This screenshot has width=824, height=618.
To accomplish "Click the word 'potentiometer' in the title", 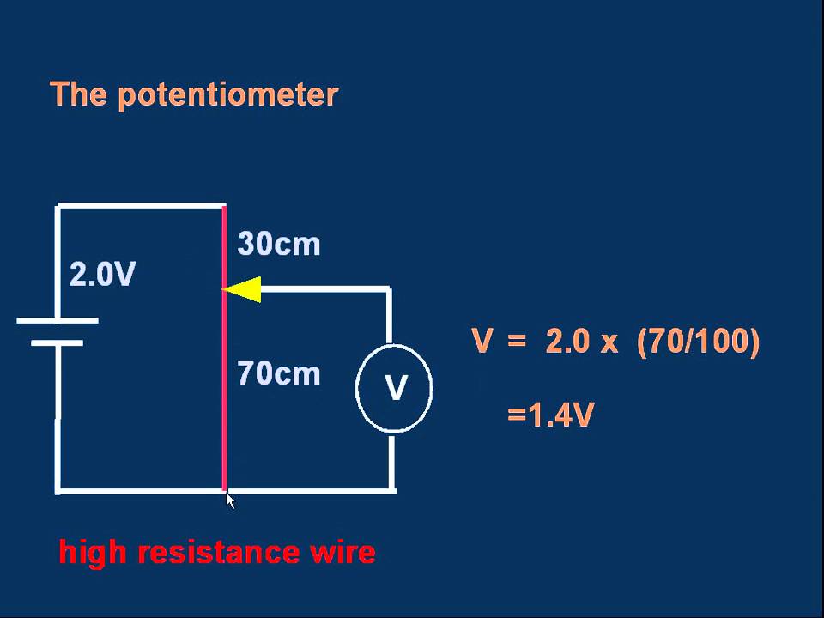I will coord(227,94).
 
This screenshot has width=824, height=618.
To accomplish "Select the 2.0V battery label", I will coord(102,275).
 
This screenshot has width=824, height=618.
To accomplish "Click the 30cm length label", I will coord(279,245).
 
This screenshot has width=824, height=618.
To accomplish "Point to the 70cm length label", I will coord(279,374).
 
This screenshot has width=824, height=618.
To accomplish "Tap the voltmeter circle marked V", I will coord(394,389).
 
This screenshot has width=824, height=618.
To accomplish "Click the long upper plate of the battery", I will coord(58,321).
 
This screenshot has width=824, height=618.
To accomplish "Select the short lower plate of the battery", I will coord(58,342).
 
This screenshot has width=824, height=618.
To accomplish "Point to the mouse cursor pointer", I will coord(230,500).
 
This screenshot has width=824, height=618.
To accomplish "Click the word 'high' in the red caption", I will coord(92,552).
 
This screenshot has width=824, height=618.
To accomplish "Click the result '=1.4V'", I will coord(550,416).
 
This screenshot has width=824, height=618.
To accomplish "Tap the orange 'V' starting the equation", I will coord(482,342).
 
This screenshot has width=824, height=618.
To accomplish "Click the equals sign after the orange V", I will coord(516,342).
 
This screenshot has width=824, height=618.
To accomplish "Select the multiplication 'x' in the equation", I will coord(609,343).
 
